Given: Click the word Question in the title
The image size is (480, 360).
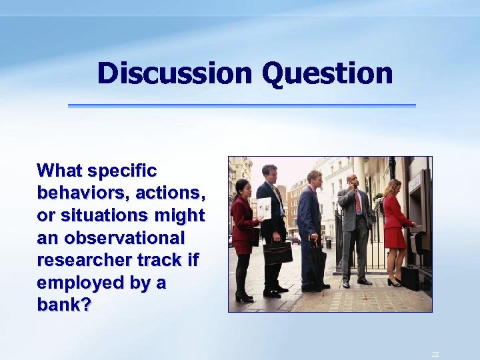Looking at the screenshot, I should point(327,73).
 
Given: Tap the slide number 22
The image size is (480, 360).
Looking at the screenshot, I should point(435,354).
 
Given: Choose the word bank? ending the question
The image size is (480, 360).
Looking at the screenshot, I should point(65,306).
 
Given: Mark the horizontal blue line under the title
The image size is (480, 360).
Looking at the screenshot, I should point(241,105).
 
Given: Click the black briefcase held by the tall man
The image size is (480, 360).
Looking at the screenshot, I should point(277,253).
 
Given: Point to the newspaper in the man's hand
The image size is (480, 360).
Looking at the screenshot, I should point(265,209).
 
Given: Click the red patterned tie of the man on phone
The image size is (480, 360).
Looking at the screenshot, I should point(358,201).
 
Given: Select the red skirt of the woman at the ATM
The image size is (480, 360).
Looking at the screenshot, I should point(394,237).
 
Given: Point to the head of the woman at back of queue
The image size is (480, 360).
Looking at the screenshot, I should point(242,187).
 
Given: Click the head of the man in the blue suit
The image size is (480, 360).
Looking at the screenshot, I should point(314,178).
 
